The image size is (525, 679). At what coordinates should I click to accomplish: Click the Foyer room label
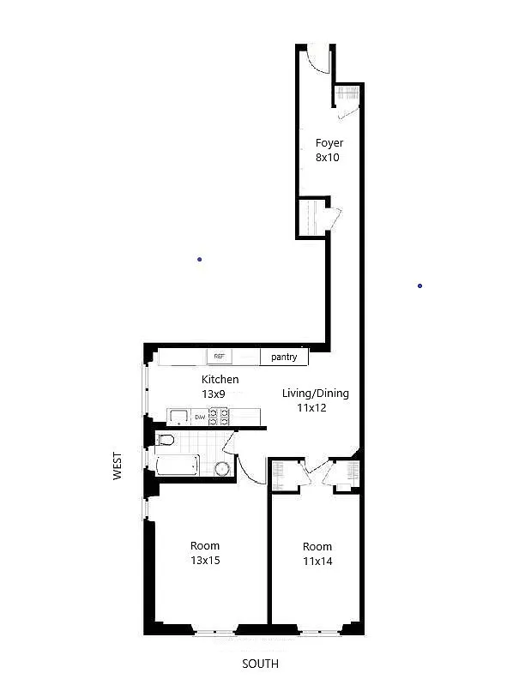[x=329, y=143]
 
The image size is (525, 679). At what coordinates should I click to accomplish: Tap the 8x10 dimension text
[x=328, y=157]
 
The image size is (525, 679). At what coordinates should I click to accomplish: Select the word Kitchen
[x=220, y=379]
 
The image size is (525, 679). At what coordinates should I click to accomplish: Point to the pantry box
[x=284, y=357]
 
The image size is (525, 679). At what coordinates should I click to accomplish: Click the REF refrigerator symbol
[x=220, y=357]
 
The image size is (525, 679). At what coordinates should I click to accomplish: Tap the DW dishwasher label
[x=200, y=417]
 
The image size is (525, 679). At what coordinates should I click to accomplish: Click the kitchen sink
[x=179, y=417]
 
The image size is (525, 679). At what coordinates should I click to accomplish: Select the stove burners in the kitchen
[x=219, y=416]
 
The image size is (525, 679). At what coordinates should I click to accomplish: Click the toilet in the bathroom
[x=166, y=440]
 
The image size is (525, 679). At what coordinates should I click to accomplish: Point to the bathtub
[x=178, y=465]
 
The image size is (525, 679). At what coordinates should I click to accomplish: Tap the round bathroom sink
[x=222, y=469]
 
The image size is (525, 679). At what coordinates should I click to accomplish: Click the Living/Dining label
[x=316, y=394]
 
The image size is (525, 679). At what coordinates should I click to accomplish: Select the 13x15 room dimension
[x=205, y=561]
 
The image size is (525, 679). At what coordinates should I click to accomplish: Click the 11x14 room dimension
[x=317, y=562]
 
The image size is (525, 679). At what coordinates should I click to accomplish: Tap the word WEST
[x=118, y=466]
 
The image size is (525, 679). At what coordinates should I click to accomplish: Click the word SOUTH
[x=260, y=664]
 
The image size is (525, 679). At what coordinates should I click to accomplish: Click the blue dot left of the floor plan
[x=199, y=260]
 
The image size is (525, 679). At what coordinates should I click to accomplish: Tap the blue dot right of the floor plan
[x=419, y=285]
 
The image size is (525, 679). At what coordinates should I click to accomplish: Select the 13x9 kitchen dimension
[x=214, y=394]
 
